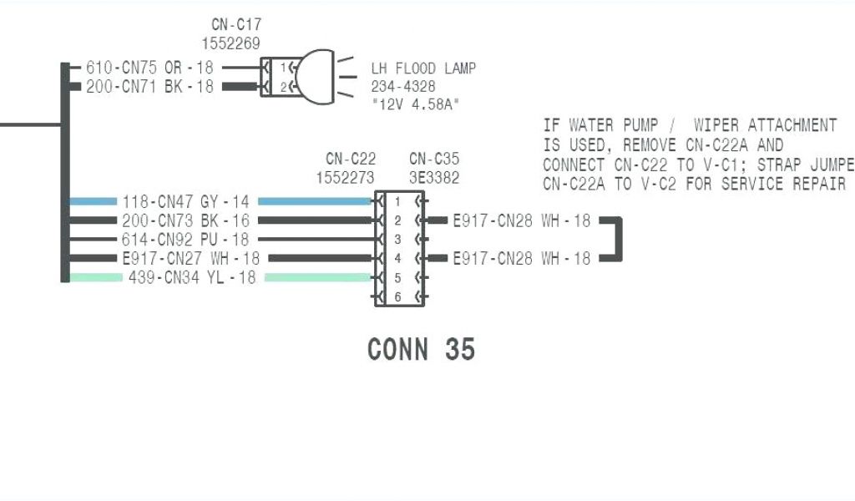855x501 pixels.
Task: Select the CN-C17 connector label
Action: coord(236,25)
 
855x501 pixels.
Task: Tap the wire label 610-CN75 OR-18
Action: coord(150,68)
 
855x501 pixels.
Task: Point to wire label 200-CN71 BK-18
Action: coord(150,86)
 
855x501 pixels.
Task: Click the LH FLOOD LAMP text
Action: coord(423,68)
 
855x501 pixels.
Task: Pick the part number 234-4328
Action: coord(403,86)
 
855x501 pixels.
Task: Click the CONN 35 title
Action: coord(421,348)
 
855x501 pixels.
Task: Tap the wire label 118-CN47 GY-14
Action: coord(185,201)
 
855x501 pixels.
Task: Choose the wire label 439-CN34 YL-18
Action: coord(192,277)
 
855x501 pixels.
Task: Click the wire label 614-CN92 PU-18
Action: coord(185,240)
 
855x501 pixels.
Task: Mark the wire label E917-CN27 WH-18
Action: coord(190,259)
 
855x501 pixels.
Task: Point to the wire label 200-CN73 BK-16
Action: coord(185,220)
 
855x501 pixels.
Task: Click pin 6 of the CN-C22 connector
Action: coord(397,296)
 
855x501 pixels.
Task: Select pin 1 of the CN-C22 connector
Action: coord(397,202)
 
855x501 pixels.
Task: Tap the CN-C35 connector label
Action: coord(434,159)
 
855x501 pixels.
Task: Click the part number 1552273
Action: coord(346,177)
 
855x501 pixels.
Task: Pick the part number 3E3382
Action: coord(434,177)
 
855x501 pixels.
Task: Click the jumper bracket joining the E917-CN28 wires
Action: coord(620,240)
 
